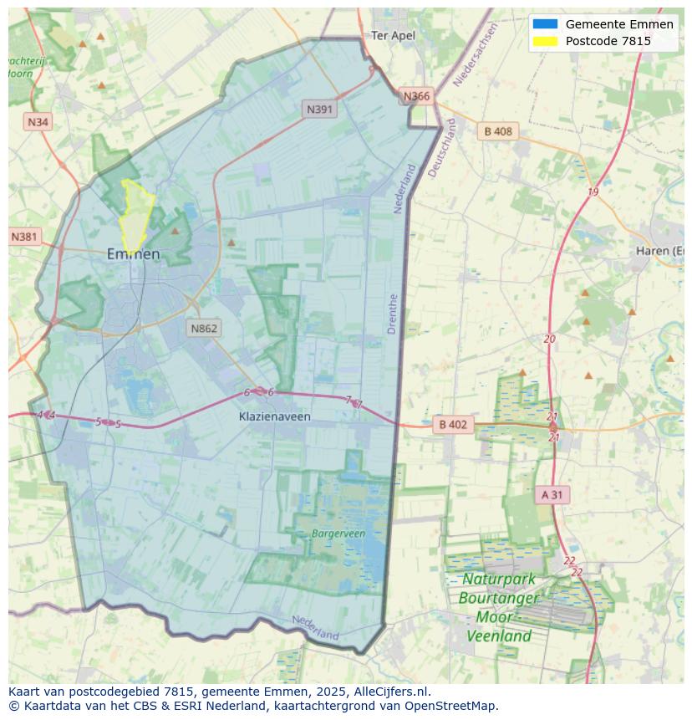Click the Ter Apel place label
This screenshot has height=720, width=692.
click(x=393, y=35)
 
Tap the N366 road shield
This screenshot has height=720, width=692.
click(x=416, y=96)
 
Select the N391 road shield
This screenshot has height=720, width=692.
click(x=319, y=109)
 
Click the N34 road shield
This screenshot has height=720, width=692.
click(x=38, y=122)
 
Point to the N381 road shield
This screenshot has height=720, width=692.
click(x=25, y=237)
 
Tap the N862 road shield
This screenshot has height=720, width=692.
click(x=204, y=328)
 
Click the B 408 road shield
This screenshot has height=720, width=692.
click(x=498, y=131)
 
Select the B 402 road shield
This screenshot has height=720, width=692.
click(x=453, y=425)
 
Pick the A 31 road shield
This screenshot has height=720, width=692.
click(x=552, y=495)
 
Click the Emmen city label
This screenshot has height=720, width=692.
click(x=133, y=253)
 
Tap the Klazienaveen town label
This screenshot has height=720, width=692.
click(x=274, y=416)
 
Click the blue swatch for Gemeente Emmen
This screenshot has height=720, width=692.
click(x=545, y=24)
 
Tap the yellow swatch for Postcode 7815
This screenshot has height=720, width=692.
click(x=545, y=41)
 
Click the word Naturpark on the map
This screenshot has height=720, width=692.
click(x=499, y=580)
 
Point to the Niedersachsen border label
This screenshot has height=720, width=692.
click(x=475, y=55)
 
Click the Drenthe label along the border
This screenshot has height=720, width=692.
click(x=393, y=314)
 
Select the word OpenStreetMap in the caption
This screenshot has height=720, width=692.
click(x=451, y=706)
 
